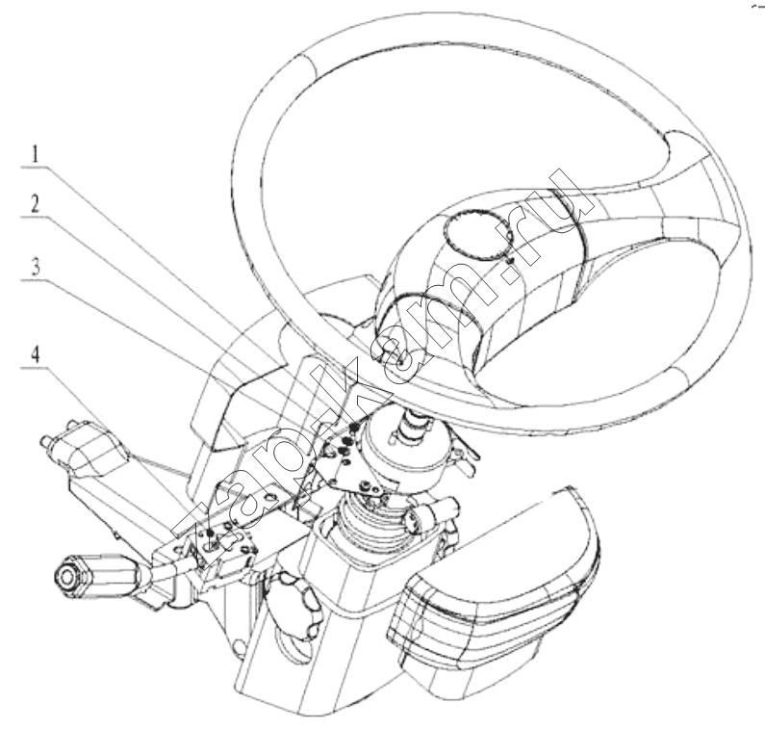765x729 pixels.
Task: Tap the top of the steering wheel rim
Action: pyautogui.click(x=439, y=44)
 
